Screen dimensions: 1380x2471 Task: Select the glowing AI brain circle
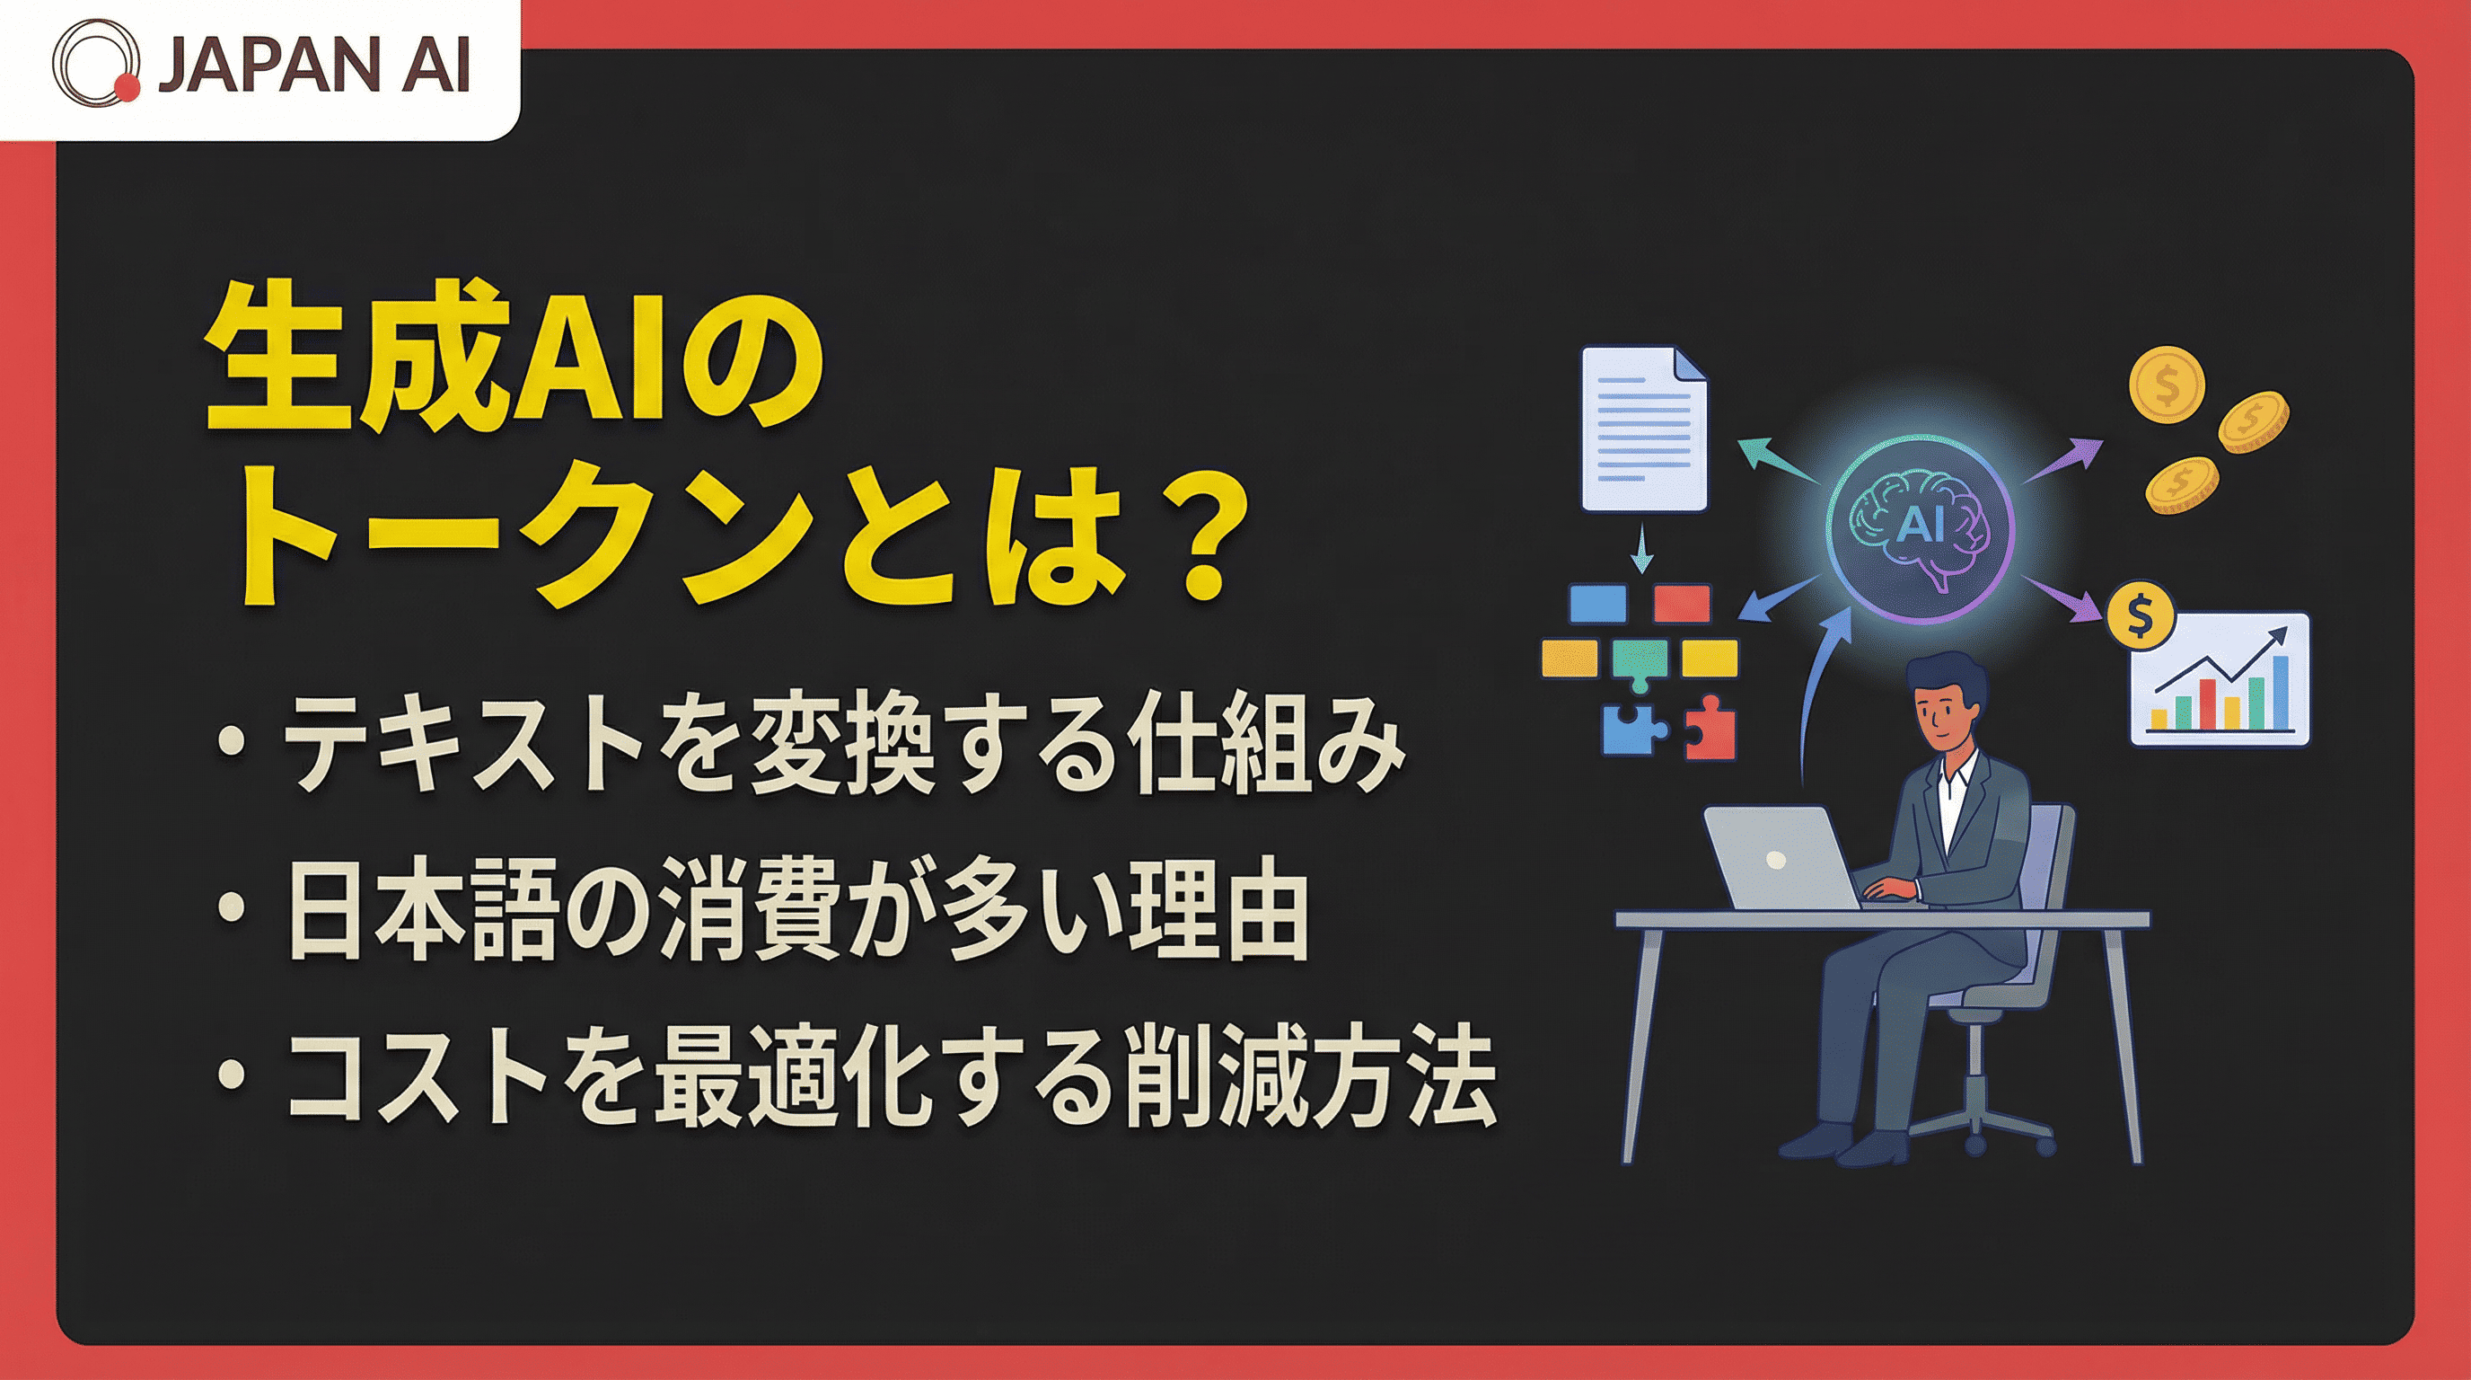pyautogui.click(x=1921, y=526)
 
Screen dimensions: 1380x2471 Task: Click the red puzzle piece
pyautogui.click(x=1710, y=728)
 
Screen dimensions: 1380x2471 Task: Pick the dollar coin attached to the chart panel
pyautogui.click(x=2139, y=617)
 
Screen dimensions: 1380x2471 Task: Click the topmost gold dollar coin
pyautogui.click(x=2165, y=385)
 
